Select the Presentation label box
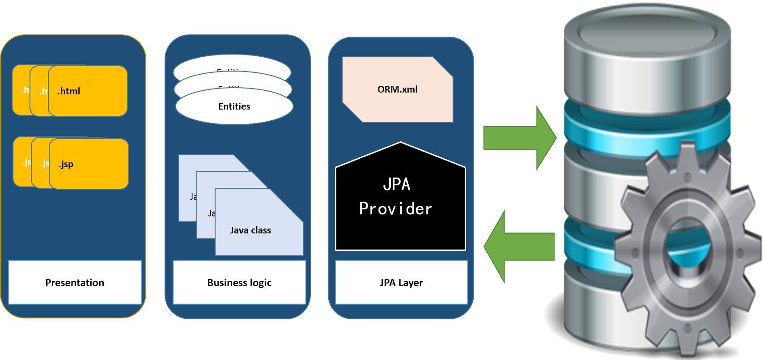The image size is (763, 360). [x=75, y=283]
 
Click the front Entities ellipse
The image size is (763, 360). [x=234, y=107]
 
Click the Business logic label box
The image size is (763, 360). [x=239, y=283]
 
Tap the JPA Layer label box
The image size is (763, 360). [x=401, y=283]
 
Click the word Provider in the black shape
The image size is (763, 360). [x=395, y=209]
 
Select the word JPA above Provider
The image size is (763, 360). [x=396, y=184]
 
